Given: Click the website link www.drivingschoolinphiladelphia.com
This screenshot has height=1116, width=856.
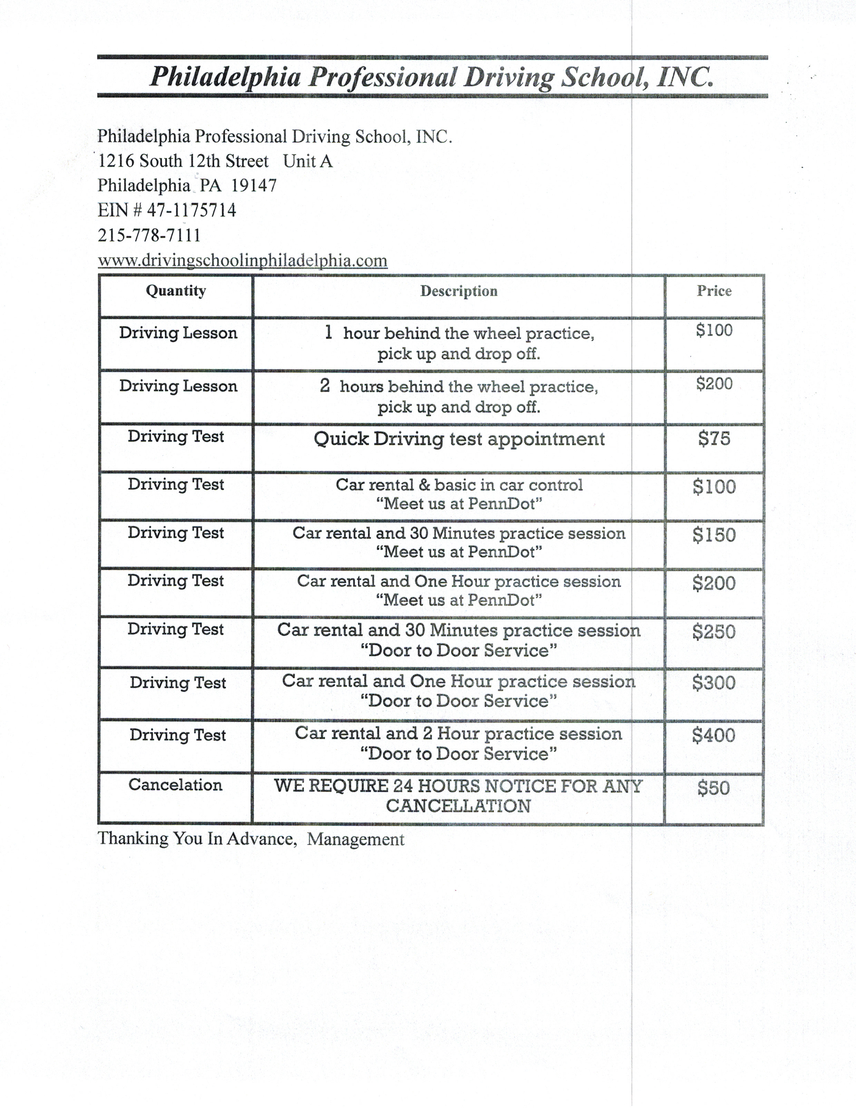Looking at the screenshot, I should click(243, 260).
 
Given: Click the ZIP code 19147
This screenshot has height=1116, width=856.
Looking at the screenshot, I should click(254, 185).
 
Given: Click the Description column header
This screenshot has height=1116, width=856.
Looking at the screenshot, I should click(459, 291).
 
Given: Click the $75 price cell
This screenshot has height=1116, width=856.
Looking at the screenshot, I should click(714, 438).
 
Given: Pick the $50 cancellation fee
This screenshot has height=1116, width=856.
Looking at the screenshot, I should click(713, 788).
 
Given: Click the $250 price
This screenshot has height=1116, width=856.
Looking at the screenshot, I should click(713, 632).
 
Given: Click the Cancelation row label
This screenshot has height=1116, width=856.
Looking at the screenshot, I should click(175, 785).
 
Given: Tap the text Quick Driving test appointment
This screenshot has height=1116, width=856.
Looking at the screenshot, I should click(459, 439).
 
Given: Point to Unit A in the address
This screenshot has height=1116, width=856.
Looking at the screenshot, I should click(308, 161).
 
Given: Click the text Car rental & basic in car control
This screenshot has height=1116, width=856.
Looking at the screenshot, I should click(459, 484).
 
